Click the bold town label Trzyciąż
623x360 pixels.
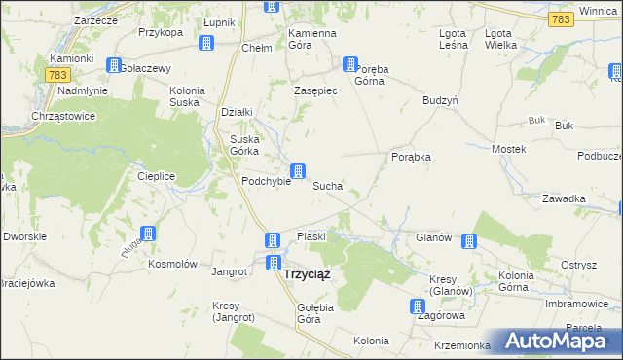pyautogui.click(x=306, y=273)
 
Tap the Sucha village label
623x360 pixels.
pyautogui.click(x=326, y=185)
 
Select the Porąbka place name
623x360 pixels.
pyautogui.click(x=411, y=157)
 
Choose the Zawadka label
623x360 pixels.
pyautogui.click(x=565, y=198)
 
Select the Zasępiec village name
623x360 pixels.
pyautogui.click(x=315, y=90)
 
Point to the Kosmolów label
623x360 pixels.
pyautogui.click(x=172, y=264)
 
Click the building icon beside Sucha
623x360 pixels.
pyautogui.click(x=301, y=170)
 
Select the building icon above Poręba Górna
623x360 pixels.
pyautogui.click(x=349, y=64)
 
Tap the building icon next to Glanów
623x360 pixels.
pyautogui.click(x=469, y=241)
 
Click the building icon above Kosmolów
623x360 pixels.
pyautogui.click(x=147, y=234)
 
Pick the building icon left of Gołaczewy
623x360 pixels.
pyautogui.click(x=114, y=65)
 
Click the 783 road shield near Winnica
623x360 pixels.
pyautogui.click(x=560, y=18)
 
